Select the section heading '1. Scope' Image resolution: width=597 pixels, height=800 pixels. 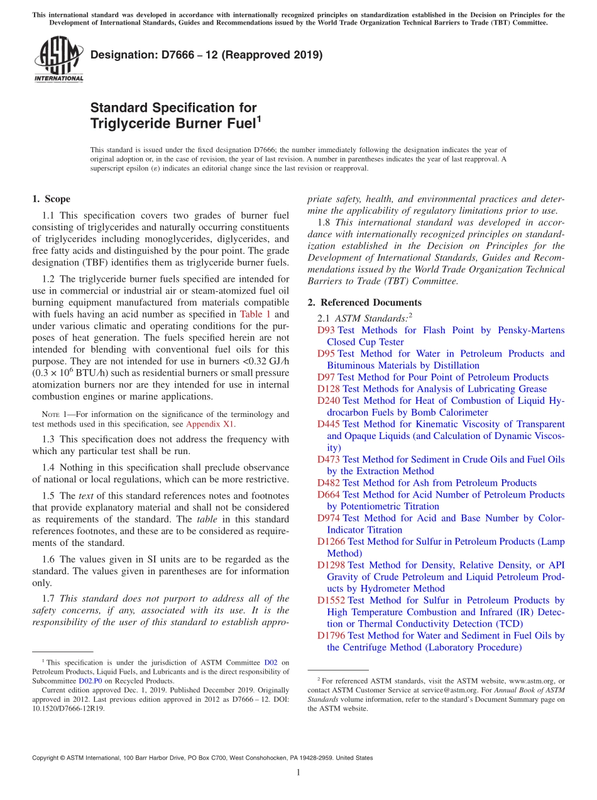click(x=52, y=199)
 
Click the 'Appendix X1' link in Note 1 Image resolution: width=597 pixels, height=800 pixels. click(x=211, y=424)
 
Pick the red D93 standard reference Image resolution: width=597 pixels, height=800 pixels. click(x=326, y=330)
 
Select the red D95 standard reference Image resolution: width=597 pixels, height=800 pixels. click(x=326, y=353)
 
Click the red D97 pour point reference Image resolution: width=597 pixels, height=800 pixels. click(x=326, y=377)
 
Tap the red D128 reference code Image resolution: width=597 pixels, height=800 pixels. click(x=329, y=389)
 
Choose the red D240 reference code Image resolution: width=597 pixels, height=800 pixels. click(x=329, y=401)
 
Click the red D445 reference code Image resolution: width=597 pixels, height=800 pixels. click(x=329, y=425)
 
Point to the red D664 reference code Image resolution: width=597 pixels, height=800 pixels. click(x=329, y=495)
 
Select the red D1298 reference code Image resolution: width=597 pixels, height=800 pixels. click(x=331, y=565)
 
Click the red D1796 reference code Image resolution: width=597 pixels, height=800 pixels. click(x=331, y=636)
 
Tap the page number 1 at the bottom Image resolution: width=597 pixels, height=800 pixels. click(x=298, y=773)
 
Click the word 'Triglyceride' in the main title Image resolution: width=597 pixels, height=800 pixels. click(x=130, y=123)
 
